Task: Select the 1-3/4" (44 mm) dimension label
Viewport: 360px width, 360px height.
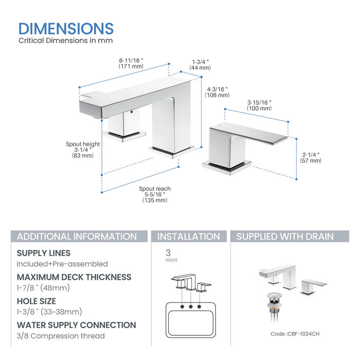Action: (x=200, y=64)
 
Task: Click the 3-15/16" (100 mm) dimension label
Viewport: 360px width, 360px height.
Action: (x=259, y=105)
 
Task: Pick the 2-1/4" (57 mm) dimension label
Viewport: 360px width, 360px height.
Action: (x=311, y=157)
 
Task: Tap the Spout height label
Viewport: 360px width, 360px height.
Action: (x=83, y=144)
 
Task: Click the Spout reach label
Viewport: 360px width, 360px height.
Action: (x=155, y=189)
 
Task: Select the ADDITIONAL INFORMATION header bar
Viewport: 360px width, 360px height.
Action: (x=77, y=237)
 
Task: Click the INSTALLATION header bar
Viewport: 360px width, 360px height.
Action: (x=188, y=237)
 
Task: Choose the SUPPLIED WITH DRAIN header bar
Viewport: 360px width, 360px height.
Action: (x=284, y=237)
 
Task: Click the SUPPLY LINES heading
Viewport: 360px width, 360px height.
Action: (x=44, y=253)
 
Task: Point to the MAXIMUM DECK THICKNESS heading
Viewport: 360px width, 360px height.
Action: (x=74, y=277)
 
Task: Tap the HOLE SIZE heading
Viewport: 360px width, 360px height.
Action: (x=37, y=301)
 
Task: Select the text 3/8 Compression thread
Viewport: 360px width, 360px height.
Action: (x=61, y=336)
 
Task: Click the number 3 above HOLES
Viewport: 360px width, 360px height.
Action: (x=168, y=253)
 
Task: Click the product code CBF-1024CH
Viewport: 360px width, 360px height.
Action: (x=295, y=334)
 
